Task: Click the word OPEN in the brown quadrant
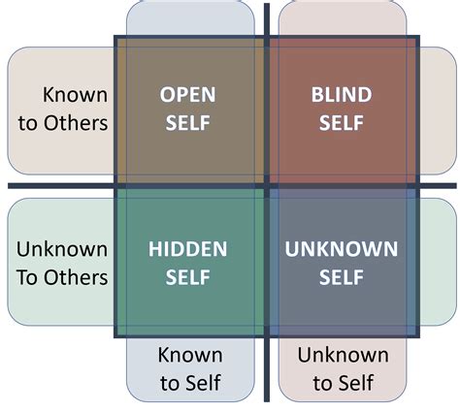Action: click(188, 95)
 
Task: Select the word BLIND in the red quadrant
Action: click(341, 95)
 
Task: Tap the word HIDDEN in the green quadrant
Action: click(188, 249)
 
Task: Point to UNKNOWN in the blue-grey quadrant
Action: click(341, 249)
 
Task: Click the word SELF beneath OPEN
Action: click(188, 123)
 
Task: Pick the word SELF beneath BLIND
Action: click(341, 123)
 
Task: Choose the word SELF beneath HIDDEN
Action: click(188, 277)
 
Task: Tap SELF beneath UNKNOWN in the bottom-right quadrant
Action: click(341, 277)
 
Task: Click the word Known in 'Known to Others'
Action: click(74, 95)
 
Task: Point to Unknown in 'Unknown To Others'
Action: click(62, 249)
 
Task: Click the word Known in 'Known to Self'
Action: click(189, 355)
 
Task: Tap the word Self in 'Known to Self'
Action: click(204, 384)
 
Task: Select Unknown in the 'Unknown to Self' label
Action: click(343, 355)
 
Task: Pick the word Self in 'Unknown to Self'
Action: click(356, 384)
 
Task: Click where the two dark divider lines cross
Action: click(268, 185)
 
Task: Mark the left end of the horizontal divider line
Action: click(10, 185)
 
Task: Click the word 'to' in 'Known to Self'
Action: click(168, 384)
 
